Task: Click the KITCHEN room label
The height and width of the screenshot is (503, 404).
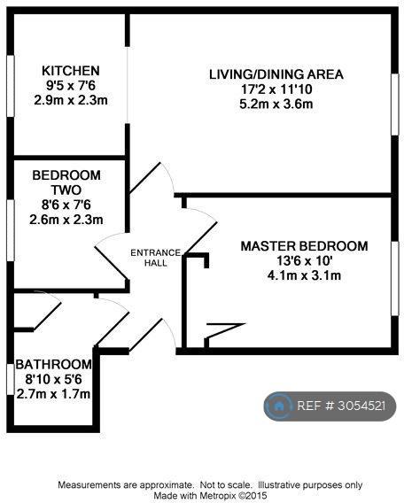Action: (x=71, y=71)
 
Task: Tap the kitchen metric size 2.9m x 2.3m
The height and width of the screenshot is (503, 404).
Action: (x=71, y=100)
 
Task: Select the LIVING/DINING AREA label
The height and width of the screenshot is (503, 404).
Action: (x=276, y=74)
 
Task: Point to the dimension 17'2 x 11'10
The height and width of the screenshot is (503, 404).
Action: (x=276, y=89)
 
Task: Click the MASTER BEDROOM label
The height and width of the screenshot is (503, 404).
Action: (x=304, y=246)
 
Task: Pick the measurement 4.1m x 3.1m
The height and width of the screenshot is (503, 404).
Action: (x=304, y=275)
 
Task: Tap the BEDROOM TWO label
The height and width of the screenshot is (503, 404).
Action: (x=66, y=182)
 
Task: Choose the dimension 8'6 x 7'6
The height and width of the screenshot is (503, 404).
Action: (x=66, y=205)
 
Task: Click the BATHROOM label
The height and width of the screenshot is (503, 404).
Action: (x=53, y=365)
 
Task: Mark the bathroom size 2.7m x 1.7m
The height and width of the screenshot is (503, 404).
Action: (x=53, y=394)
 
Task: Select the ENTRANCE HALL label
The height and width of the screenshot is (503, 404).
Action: (x=156, y=258)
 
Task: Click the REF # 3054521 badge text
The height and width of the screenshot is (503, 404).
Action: (x=341, y=406)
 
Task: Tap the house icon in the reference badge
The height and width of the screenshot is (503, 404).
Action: (x=279, y=406)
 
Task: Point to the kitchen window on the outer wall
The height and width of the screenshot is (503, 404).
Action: (x=11, y=86)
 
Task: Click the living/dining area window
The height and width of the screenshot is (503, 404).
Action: (x=394, y=104)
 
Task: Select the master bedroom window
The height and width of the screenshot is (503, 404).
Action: (x=394, y=278)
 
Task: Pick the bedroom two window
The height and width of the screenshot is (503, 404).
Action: (x=11, y=230)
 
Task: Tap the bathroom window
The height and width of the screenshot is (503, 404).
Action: (x=11, y=379)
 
